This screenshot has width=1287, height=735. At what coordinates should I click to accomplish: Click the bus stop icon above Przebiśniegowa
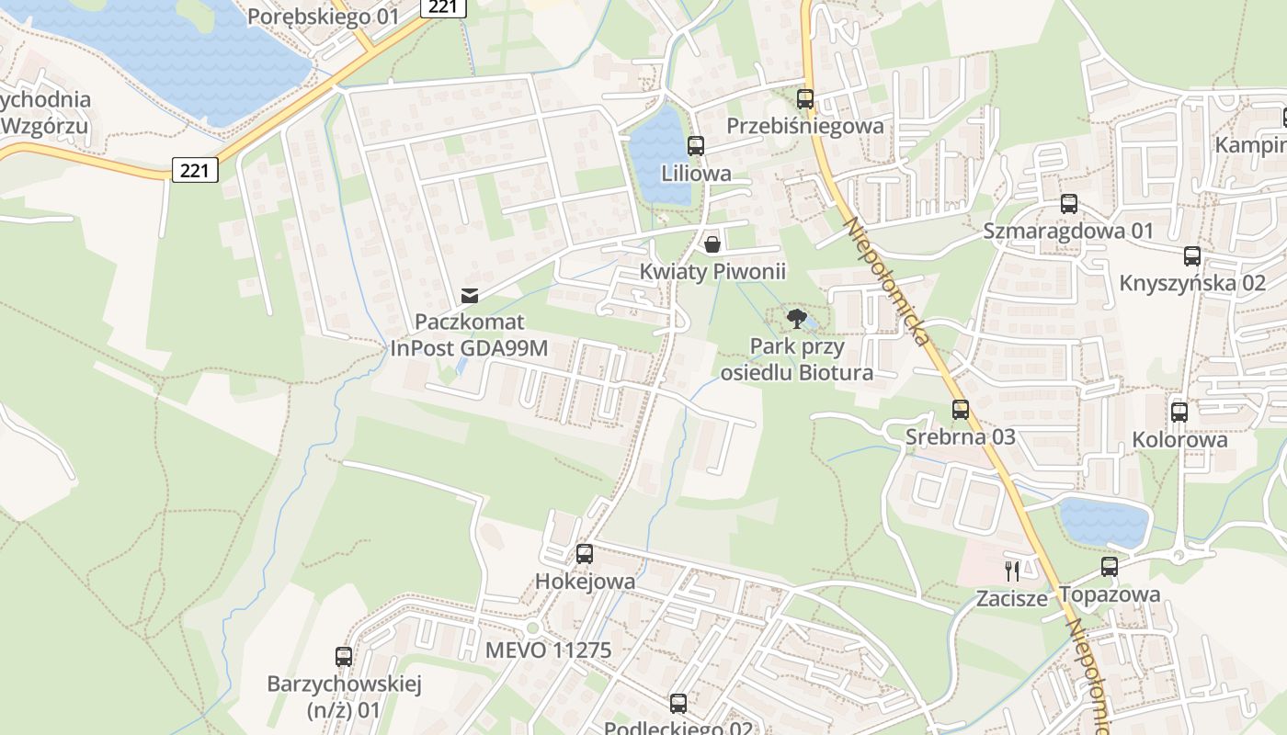click(x=805, y=99)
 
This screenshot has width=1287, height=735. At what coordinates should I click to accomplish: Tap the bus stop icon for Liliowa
click(x=696, y=146)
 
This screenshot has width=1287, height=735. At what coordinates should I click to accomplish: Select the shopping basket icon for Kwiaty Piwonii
click(x=712, y=244)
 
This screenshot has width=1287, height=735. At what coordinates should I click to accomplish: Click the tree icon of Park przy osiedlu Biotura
click(x=796, y=320)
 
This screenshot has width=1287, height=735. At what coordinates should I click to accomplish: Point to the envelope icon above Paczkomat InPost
click(x=470, y=295)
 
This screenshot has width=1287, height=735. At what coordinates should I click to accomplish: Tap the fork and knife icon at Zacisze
click(x=1012, y=571)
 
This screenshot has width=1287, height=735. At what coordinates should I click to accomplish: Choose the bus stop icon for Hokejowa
click(x=585, y=554)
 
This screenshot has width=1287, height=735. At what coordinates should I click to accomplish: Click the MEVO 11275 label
click(x=548, y=650)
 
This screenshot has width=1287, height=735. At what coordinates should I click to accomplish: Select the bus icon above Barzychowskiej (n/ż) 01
click(x=344, y=657)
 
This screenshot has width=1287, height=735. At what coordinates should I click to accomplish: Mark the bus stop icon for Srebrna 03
click(x=961, y=410)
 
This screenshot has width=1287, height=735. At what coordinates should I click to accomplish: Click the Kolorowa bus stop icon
click(x=1179, y=413)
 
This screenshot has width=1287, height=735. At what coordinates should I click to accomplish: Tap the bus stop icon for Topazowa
click(x=1110, y=567)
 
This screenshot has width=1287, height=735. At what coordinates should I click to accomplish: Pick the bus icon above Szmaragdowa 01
click(x=1068, y=204)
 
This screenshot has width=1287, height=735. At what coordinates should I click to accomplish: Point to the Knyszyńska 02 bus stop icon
click(x=1192, y=256)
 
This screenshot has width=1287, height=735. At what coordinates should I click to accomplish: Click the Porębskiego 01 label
click(x=324, y=16)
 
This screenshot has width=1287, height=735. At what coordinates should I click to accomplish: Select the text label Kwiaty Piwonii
click(x=713, y=271)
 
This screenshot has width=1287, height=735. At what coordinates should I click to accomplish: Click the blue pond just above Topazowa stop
click(x=1104, y=522)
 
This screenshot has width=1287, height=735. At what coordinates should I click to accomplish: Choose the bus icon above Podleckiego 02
click(x=678, y=704)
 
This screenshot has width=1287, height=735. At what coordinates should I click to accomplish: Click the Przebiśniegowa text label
click(x=805, y=126)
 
